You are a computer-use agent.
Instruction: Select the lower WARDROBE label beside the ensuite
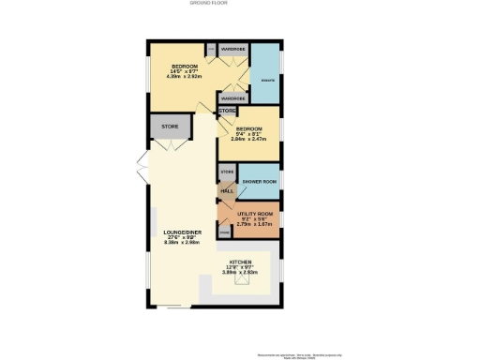[x=232, y=97]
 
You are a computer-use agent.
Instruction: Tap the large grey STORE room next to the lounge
[x=170, y=126]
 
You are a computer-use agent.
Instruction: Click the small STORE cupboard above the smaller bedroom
[x=227, y=112]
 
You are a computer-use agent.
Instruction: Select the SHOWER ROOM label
[x=258, y=180]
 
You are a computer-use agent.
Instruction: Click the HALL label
[x=227, y=191]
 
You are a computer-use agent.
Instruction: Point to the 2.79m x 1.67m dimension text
[x=256, y=225]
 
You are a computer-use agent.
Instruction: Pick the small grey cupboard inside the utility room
[x=225, y=230]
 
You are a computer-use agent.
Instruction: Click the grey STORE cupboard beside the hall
[x=226, y=173]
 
